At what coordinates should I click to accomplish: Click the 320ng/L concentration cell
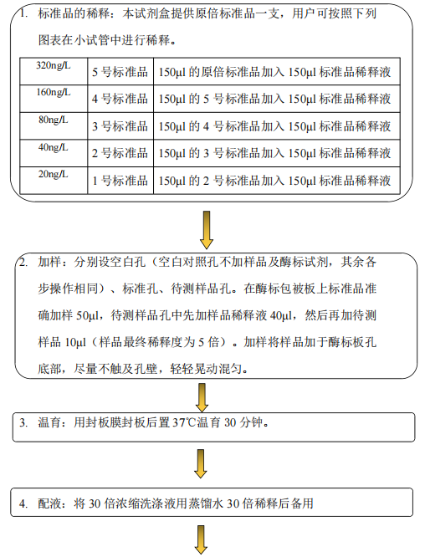(54, 71)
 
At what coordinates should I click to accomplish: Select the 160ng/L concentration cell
(54, 99)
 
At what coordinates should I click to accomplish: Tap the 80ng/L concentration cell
(54, 126)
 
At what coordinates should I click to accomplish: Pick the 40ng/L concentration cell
(54, 153)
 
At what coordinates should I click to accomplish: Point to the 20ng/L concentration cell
(54, 181)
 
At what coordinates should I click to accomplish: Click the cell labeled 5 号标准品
(120, 71)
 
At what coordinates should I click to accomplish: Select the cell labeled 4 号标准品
(120, 99)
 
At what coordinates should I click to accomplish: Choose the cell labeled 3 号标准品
(120, 126)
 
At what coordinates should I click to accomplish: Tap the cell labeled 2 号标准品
(120, 153)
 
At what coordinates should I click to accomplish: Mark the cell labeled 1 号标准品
(120, 181)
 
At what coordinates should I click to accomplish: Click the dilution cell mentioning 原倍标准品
(277, 71)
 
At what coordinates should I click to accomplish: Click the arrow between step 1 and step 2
(206, 230)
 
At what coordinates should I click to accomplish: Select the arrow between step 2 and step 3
(202, 397)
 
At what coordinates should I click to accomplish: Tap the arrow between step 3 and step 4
(201, 463)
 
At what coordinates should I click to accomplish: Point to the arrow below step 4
(201, 540)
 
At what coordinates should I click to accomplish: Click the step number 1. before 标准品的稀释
(23, 14)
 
